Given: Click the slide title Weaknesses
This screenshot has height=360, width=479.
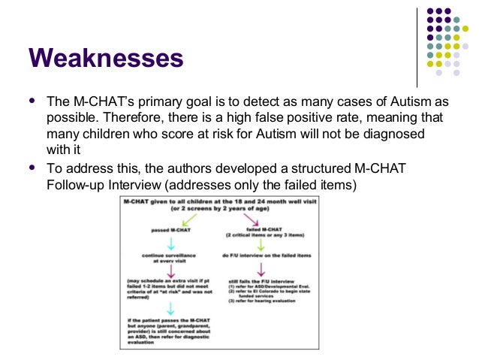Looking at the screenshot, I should click(x=105, y=57).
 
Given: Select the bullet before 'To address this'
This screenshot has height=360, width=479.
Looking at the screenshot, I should click(x=32, y=167).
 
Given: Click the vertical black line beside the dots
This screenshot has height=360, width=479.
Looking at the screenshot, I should click(x=417, y=45).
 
